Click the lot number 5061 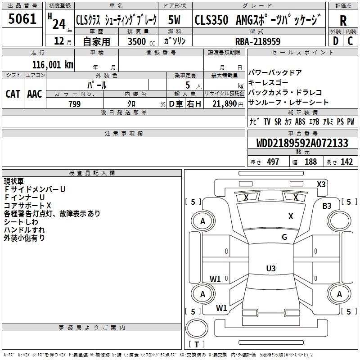click(22, 19)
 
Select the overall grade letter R click(343, 21)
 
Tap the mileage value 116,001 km click(53, 65)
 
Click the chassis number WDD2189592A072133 click(302, 143)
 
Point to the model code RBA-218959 click(258, 41)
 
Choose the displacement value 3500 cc click(141, 41)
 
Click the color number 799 click(75, 104)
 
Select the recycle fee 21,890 click(225, 104)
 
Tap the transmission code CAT click(13, 94)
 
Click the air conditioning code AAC click(35, 94)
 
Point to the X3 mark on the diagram click(321, 184)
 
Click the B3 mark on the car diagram click(327, 206)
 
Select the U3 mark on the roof click(271, 268)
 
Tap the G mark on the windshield click(284, 237)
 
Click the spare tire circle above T click(197, 328)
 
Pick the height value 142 click(346, 162)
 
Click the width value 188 click(310, 162)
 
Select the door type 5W click(174, 20)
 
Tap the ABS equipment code click(300, 121)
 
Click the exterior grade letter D click(336, 41)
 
